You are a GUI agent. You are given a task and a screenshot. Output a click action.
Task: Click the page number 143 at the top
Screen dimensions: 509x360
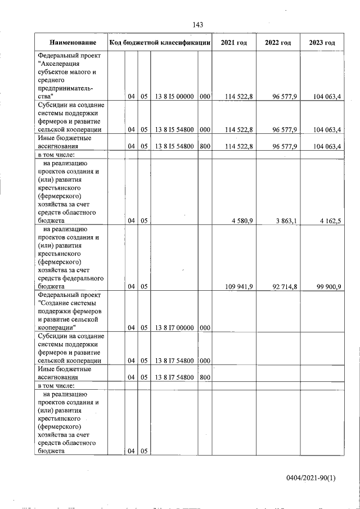197,24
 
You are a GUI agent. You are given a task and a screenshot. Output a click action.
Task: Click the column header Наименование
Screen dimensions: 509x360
73,43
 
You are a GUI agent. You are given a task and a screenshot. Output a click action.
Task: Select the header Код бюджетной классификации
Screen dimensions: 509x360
160,43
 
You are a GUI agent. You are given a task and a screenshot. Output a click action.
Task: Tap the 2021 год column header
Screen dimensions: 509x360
233,43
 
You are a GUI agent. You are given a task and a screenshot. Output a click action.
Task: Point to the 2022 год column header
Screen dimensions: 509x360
278,43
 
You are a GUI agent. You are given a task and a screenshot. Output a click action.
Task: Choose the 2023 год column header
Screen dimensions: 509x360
322,43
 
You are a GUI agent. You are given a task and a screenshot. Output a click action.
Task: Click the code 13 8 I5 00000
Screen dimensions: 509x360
174,97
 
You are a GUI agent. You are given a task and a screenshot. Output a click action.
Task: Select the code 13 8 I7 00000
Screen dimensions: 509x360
174,327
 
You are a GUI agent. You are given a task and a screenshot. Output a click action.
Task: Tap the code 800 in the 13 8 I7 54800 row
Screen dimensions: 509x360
205,377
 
